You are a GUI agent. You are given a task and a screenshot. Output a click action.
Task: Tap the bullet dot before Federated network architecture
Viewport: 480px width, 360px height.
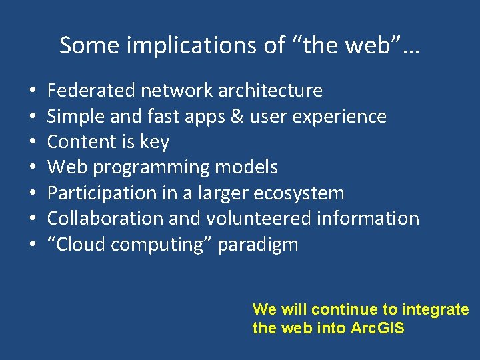click(33, 91)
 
